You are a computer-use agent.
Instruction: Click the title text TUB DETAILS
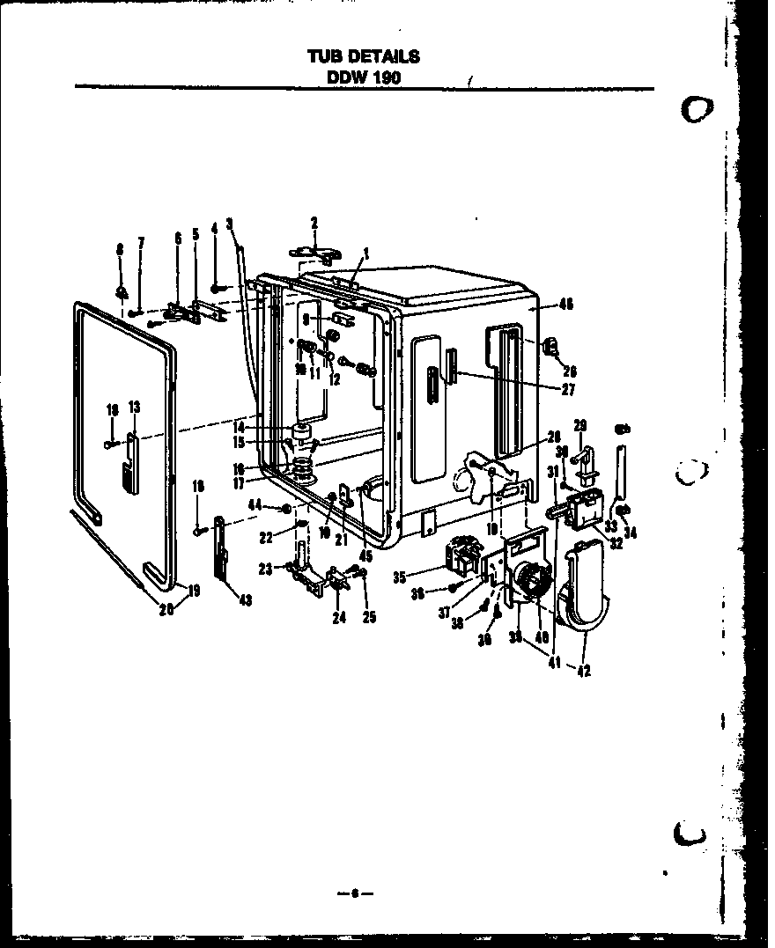click(x=363, y=57)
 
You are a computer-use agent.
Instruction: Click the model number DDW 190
click(x=364, y=77)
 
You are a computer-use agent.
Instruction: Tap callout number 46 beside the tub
click(x=565, y=305)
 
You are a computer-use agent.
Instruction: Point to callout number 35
click(x=400, y=577)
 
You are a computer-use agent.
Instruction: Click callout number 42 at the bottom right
click(x=584, y=670)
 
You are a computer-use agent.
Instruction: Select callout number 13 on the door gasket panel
click(x=135, y=407)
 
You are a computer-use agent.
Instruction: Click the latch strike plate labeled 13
click(x=130, y=459)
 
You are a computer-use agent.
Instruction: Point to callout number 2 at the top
click(x=314, y=221)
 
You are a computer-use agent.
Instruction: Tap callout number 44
click(x=255, y=504)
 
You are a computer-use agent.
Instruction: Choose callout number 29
click(x=579, y=425)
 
